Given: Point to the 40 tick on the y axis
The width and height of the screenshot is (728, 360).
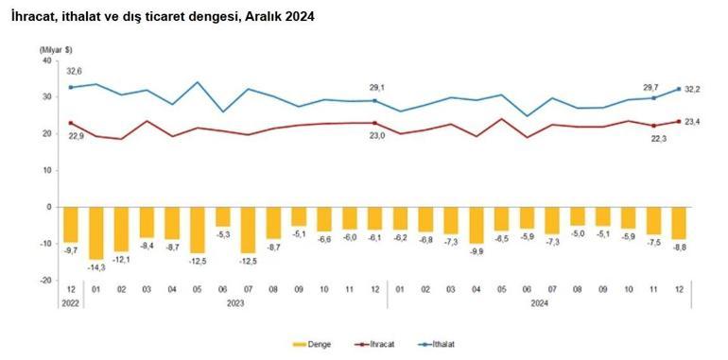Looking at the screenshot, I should [44, 60].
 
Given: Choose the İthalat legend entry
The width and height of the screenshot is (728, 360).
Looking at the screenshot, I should [444, 344].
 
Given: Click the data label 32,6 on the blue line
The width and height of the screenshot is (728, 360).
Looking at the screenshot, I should [74, 71].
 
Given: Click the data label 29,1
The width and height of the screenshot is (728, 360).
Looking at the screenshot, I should [376, 88].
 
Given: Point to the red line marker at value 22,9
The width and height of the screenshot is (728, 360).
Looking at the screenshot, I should [71, 123].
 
